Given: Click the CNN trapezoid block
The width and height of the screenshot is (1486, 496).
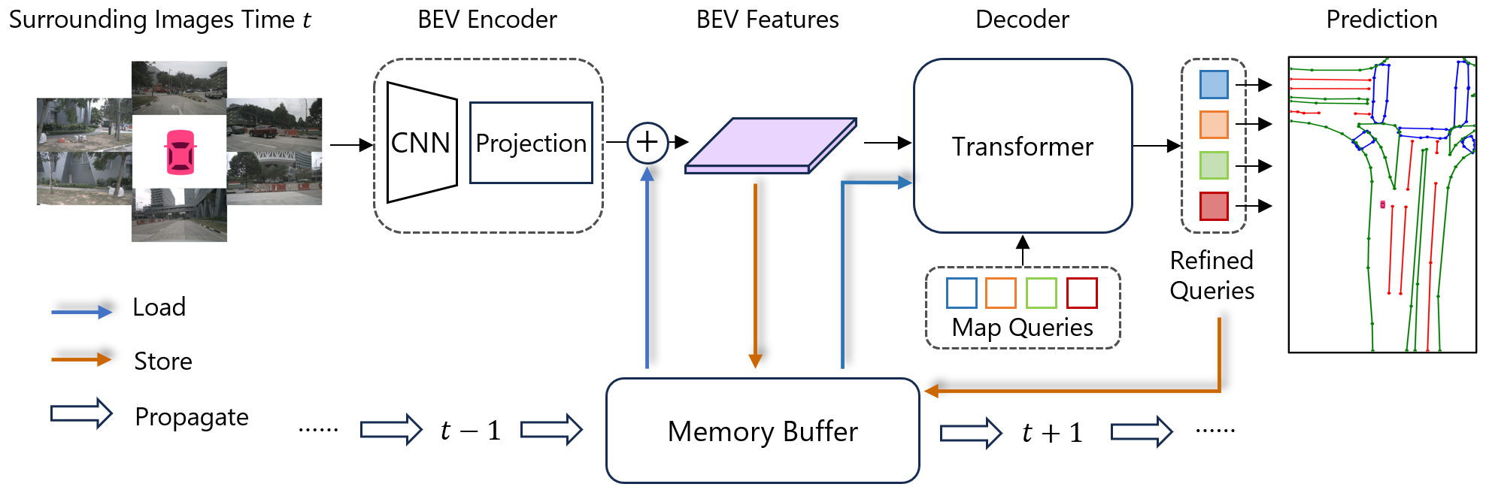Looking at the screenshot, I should coord(421,143).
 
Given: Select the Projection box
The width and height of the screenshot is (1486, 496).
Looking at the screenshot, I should coord(531,143).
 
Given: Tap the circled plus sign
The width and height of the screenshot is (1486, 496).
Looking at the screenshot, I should coord(647,142).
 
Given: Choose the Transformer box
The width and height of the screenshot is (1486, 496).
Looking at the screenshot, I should coord(1023,146).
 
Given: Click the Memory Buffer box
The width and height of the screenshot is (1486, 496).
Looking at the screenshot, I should coord(763,431).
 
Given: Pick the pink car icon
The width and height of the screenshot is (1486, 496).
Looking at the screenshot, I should coord(180,152).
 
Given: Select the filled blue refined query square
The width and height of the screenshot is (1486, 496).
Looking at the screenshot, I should coord(1214,84).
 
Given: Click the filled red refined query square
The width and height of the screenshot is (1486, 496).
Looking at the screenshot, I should coord(1214,206).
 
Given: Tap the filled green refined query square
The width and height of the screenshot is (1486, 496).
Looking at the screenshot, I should coord(1214,165).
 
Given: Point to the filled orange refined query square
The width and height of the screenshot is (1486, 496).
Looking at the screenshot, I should coord(1214,125).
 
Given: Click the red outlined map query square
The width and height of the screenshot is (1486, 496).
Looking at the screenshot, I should coord(1081,293).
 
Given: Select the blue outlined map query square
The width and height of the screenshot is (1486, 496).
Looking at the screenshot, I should coord(962,293).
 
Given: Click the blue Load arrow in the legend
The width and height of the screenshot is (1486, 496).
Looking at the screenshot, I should coord(81,311).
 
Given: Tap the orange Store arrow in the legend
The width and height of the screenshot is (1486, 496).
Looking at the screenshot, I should coord(81,360).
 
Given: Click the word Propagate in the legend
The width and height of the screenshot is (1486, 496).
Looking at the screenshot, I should coord(192,417).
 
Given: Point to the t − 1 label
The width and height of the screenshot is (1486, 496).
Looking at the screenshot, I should coord(471,431).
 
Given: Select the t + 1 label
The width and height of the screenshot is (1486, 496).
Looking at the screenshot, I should coord(1052,432).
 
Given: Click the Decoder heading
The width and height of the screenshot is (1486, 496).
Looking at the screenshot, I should coord(1022,20).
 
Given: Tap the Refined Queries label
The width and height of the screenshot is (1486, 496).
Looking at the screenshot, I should coord(1212,275).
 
